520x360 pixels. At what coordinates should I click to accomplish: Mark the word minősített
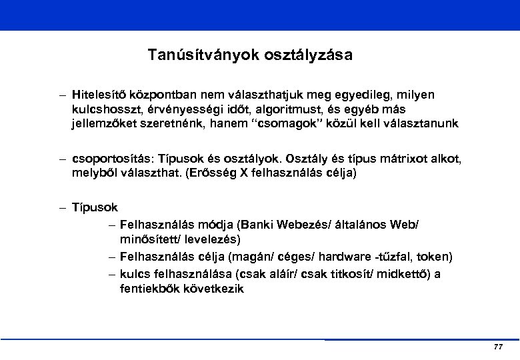tap(149, 238)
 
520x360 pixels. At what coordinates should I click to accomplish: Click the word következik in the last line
tap(213, 289)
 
